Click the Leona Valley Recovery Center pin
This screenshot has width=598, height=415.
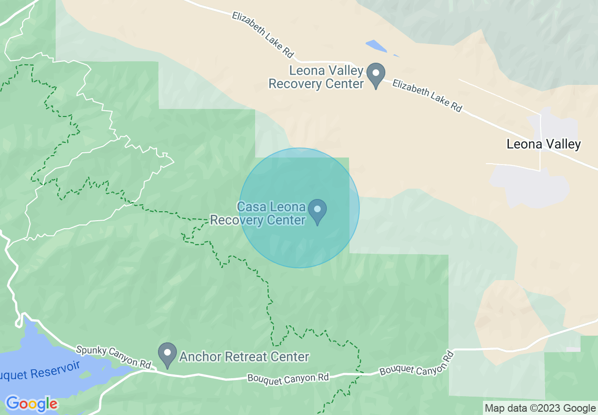[x=376, y=75]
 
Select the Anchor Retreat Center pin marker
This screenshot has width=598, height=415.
[x=167, y=355]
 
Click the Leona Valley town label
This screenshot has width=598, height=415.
[x=543, y=144]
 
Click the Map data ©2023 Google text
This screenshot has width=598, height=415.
[x=540, y=408]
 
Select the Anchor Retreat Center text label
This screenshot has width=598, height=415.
[x=244, y=357]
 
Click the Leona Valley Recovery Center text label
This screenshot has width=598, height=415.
[x=316, y=78]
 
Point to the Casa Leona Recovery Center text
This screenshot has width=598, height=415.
[x=258, y=213]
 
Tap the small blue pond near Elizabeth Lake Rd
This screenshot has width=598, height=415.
[x=376, y=46]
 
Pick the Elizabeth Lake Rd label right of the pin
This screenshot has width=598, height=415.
[x=427, y=95]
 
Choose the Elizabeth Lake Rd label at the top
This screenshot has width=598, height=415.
[x=263, y=34]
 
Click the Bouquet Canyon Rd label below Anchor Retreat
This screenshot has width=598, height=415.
[x=288, y=378]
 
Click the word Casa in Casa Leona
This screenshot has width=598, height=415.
[x=251, y=207]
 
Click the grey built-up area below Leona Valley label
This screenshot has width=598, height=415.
[x=528, y=186]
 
